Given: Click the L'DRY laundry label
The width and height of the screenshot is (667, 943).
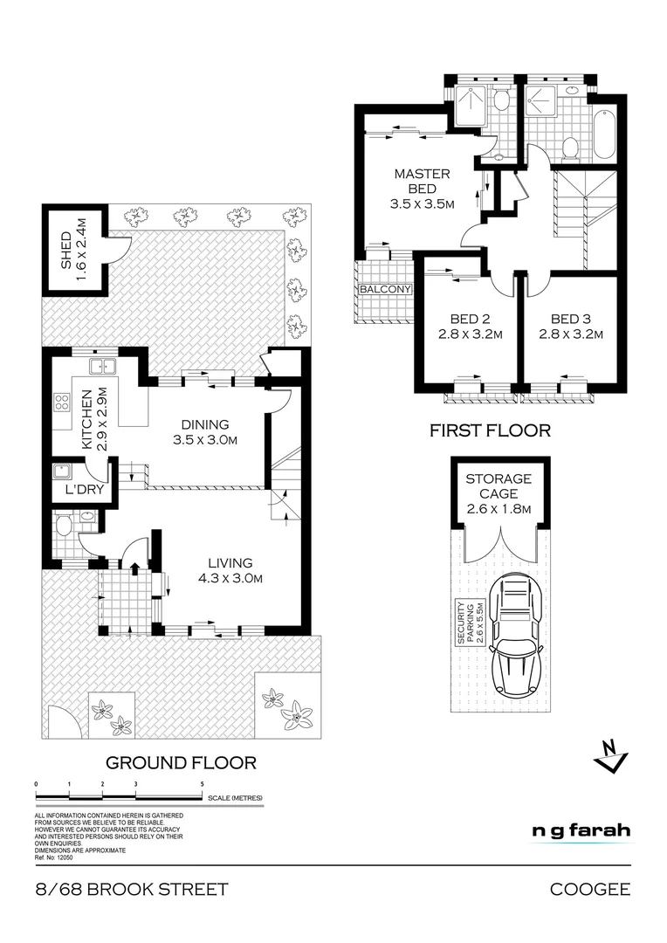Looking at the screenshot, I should [84, 490].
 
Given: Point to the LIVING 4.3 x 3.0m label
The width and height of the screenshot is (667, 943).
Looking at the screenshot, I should [230, 570].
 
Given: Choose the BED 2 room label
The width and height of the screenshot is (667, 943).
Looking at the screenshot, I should [464, 325].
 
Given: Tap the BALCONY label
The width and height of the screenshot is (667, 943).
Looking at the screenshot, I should [382, 289].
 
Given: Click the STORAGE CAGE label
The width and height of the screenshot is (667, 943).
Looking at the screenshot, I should [498, 493].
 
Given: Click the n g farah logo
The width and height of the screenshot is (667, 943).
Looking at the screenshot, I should [581, 830].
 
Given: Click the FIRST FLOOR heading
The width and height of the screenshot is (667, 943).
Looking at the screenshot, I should [490, 430].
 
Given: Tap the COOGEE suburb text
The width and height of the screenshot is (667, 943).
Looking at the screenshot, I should [590, 890].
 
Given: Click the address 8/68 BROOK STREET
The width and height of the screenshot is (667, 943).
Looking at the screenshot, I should [132, 890].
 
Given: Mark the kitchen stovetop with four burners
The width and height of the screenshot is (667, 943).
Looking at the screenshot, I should [63, 403].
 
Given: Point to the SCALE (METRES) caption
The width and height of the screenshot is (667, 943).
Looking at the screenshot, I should [235, 798].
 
